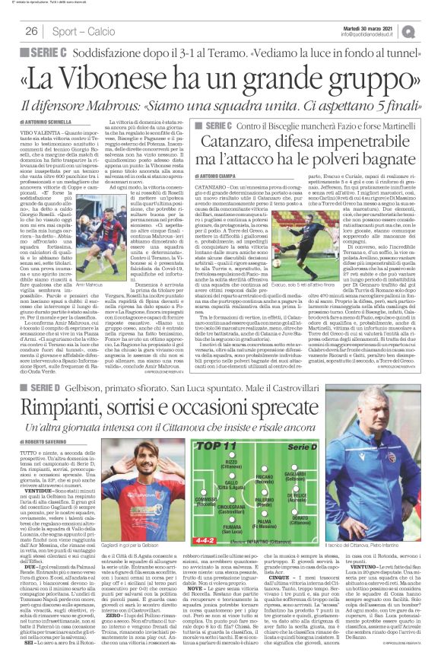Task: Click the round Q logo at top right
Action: [x=431, y=30]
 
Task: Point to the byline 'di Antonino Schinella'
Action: [x=52, y=123]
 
